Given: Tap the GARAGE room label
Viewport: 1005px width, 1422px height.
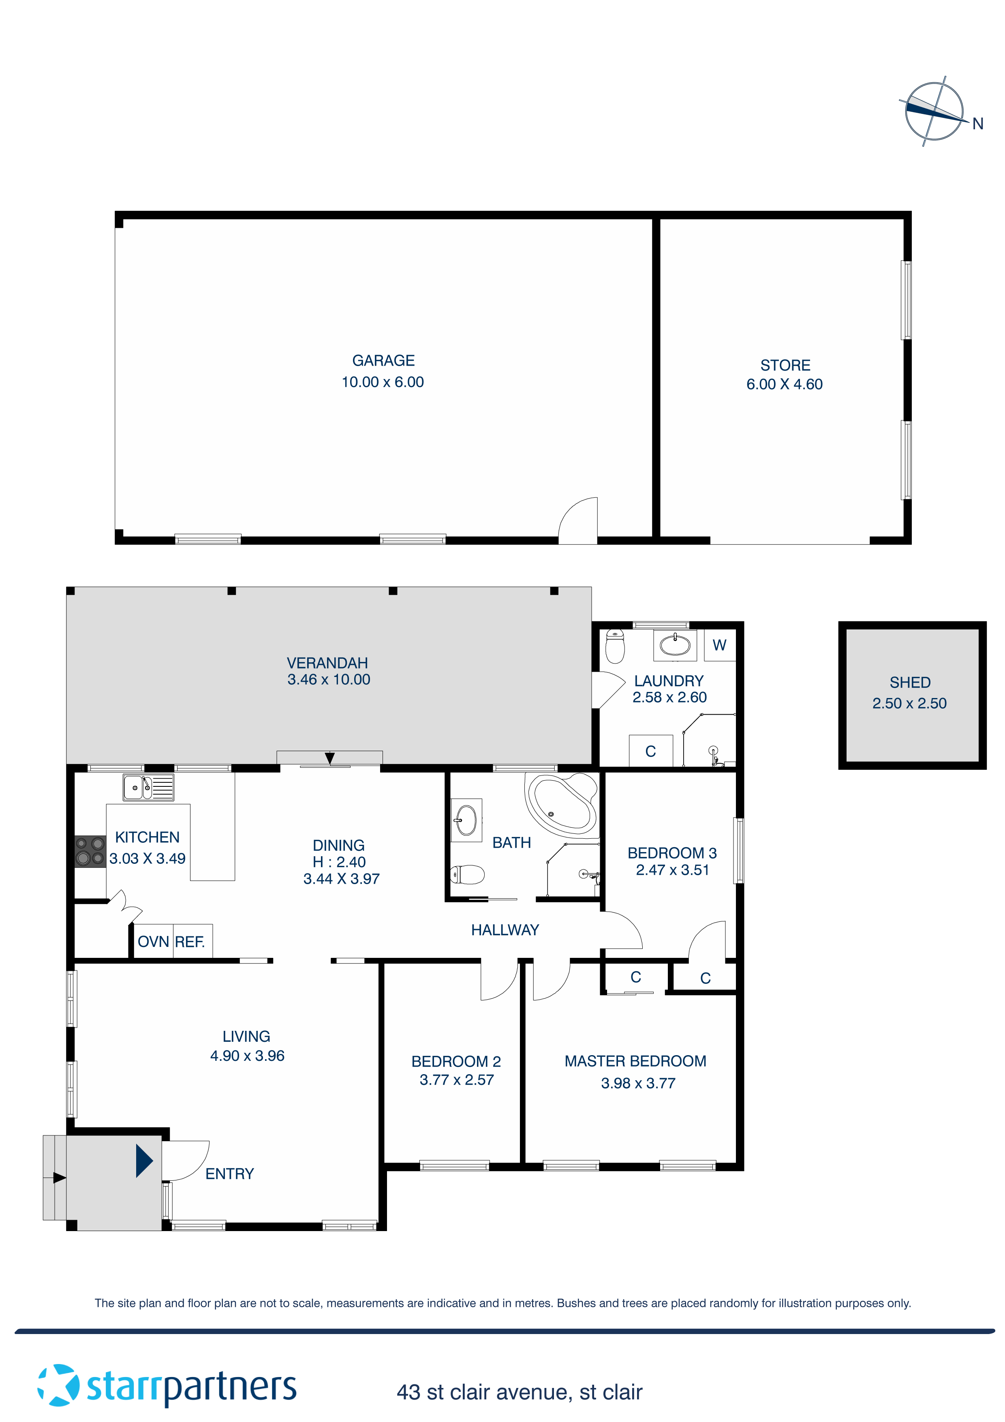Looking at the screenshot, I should pos(383,360).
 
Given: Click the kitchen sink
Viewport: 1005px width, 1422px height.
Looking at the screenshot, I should pos(148,787).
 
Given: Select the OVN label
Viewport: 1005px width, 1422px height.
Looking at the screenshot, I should pos(153,941).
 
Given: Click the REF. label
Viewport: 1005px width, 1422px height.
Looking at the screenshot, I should pos(190,941).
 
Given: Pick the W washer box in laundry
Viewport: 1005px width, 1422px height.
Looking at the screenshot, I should pos(719,645).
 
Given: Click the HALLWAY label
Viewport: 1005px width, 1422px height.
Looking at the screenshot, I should pos(505,929).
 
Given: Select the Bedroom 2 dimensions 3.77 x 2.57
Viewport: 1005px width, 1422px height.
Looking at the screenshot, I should pos(456,1079).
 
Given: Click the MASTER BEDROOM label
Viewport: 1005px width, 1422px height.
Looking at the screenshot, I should pos(635,1060).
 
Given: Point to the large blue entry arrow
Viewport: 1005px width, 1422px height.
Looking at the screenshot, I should pos(144,1160).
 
